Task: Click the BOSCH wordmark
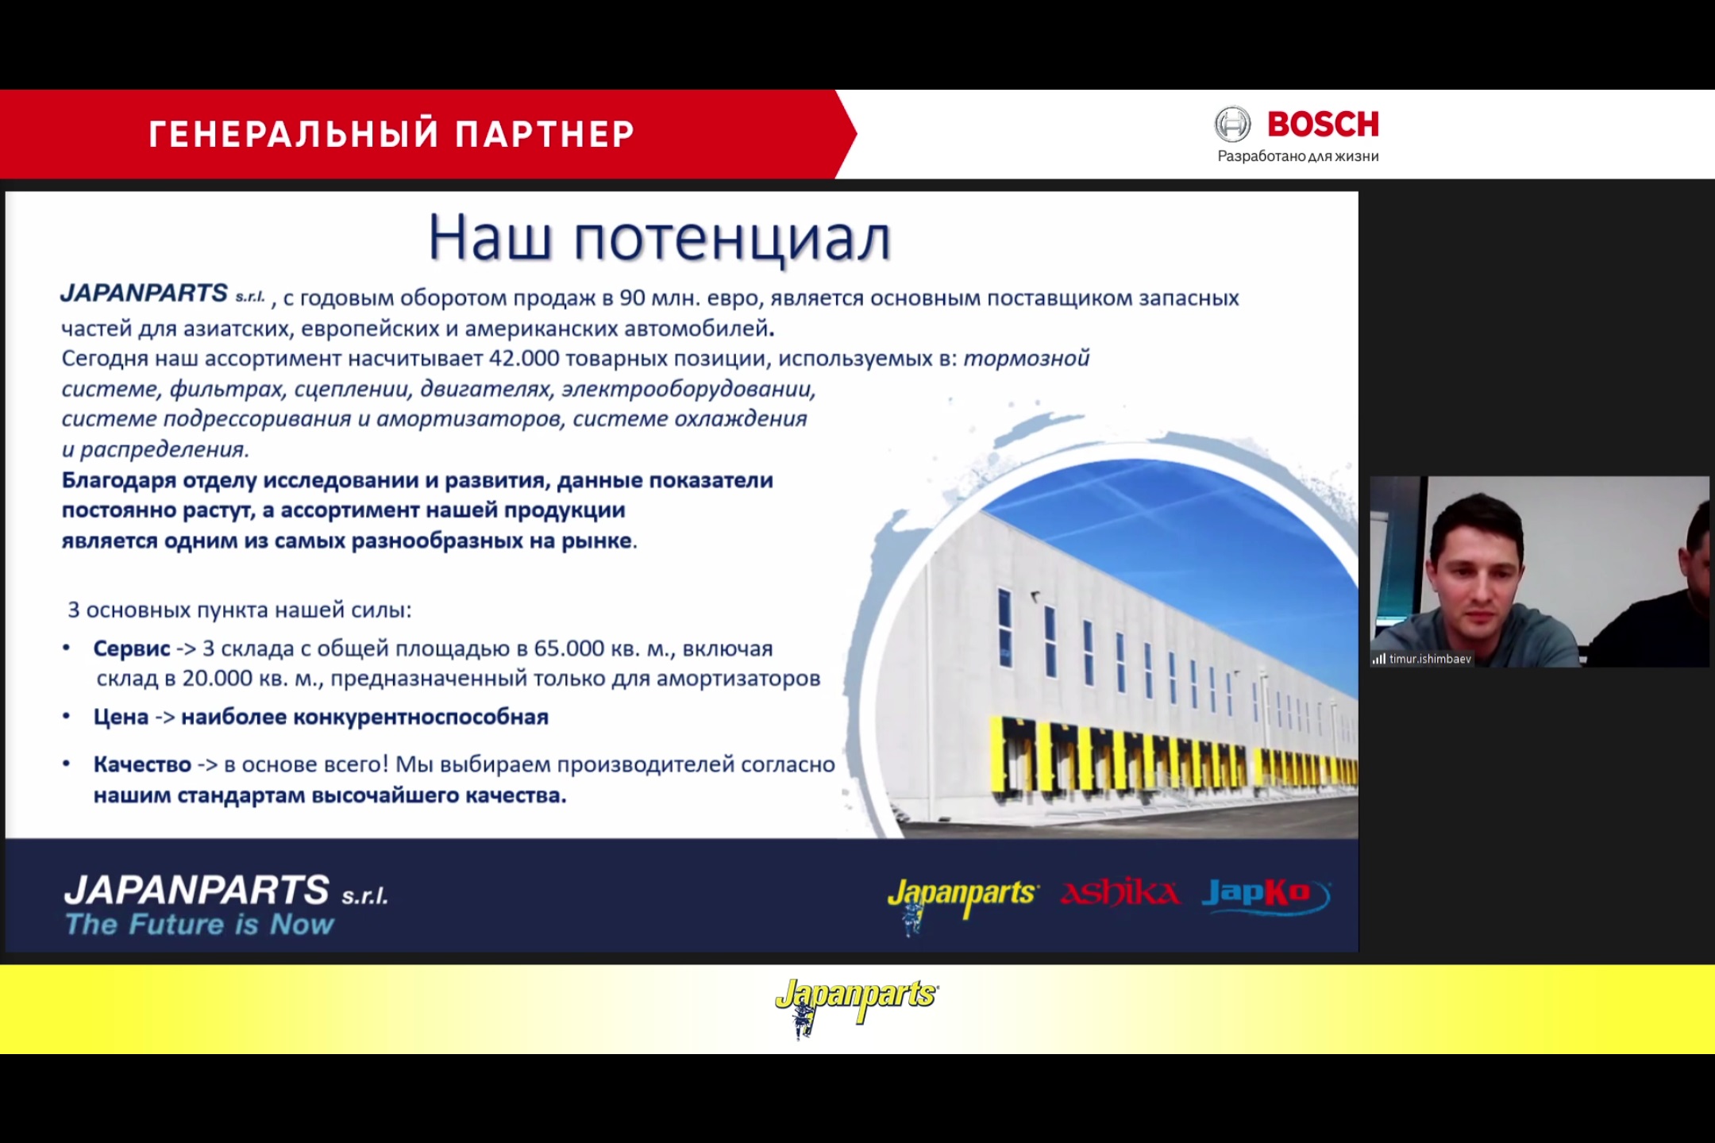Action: (x=1323, y=124)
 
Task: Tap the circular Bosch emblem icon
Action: (x=1232, y=125)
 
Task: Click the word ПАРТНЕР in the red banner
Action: (x=545, y=134)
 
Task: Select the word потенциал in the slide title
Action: (x=732, y=239)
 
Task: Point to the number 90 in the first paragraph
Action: (x=632, y=298)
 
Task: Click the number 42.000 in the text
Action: (x=524, y=358)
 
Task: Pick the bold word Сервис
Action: (x=132, y=648)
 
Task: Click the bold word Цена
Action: (x=121, y=717)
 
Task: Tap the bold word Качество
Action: (x=142, y=764)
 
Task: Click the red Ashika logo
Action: (x=1120, y=893)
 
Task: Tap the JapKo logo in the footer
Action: (x=1266, y=895)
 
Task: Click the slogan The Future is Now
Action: (x=199, y=924)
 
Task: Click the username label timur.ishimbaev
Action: (x=1430, y=659)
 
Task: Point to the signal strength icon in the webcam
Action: (x=1379, y=659)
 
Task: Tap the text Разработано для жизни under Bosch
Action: (x=1298, y=156)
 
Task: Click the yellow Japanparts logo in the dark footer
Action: (x=962, y=901)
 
